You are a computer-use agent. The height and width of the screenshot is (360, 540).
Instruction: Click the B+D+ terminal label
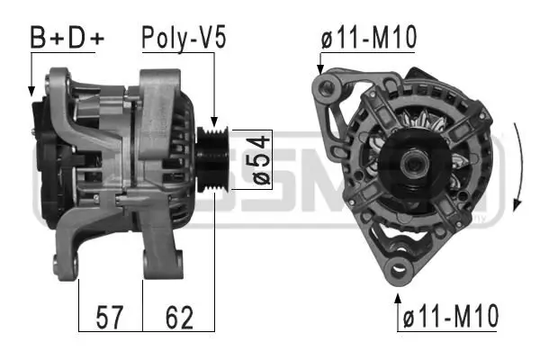[x=67, y=38]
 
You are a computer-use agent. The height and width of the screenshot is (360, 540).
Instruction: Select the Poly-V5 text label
[x=183, y=38]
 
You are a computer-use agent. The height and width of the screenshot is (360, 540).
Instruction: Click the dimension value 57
[x=110, y=317]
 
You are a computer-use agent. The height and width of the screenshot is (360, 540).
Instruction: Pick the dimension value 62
[x=178, y=317]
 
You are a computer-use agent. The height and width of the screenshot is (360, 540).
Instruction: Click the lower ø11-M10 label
[x=450, y=317]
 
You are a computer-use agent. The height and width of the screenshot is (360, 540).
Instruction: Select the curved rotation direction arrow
[x=517, y=166]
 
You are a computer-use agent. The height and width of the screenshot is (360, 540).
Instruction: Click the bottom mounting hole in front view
[x=397, y=267]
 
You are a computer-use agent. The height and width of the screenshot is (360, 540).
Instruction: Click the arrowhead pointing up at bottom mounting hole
[x=397, y=292]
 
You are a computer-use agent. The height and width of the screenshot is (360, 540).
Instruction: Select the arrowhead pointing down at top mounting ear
[x=319, y=68]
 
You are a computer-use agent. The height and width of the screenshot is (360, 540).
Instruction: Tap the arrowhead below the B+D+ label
[x=31, y=91]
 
